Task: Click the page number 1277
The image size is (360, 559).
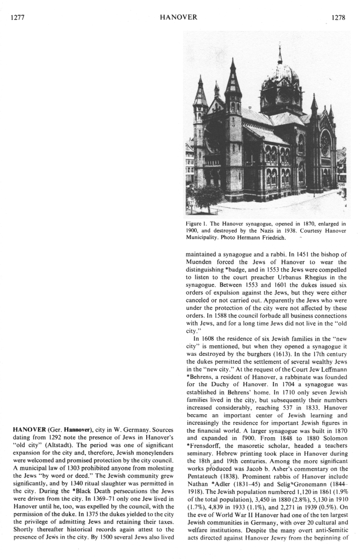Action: [16, 18]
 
